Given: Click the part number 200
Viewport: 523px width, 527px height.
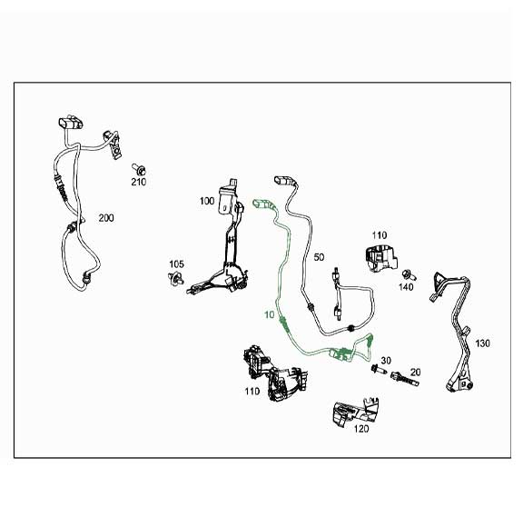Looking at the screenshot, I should point(106,218).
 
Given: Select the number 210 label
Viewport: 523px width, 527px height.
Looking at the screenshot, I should point(137,182).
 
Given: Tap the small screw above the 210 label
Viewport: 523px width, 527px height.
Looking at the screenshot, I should point(139,167).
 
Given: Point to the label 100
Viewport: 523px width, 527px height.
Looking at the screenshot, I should point(207,200).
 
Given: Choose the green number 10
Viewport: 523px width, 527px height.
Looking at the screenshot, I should point(269,314).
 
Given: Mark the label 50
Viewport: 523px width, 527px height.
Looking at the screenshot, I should point(319,258).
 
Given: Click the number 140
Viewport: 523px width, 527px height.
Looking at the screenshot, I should point(406,286).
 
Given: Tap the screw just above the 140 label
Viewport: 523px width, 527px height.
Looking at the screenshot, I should point(407,273).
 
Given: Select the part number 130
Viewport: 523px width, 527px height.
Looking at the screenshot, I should point(482,343).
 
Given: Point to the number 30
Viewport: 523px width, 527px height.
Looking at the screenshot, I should point(385,360).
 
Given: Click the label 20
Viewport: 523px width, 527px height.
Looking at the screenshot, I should point(415,373).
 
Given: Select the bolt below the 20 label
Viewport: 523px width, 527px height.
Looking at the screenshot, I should point(400,383).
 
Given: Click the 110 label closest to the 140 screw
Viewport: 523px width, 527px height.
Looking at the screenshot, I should point(379,234).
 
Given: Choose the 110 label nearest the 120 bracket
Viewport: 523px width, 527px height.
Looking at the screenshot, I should point(252,392).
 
